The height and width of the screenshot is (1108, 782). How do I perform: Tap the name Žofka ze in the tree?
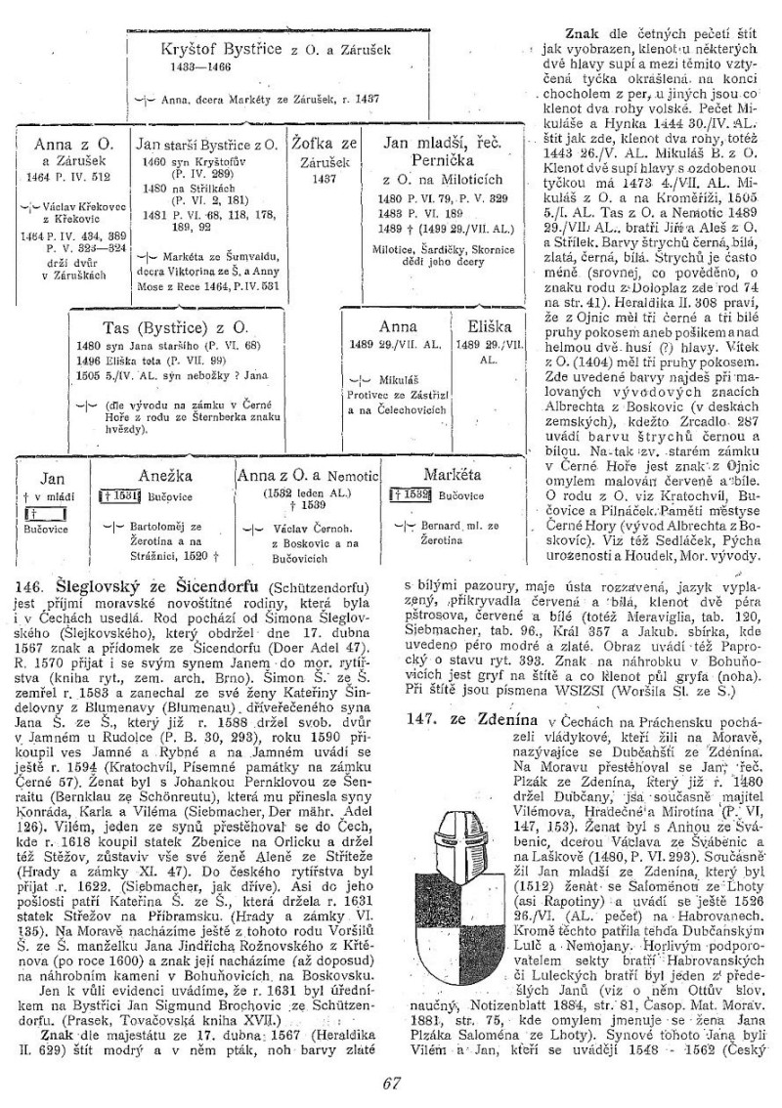324,144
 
